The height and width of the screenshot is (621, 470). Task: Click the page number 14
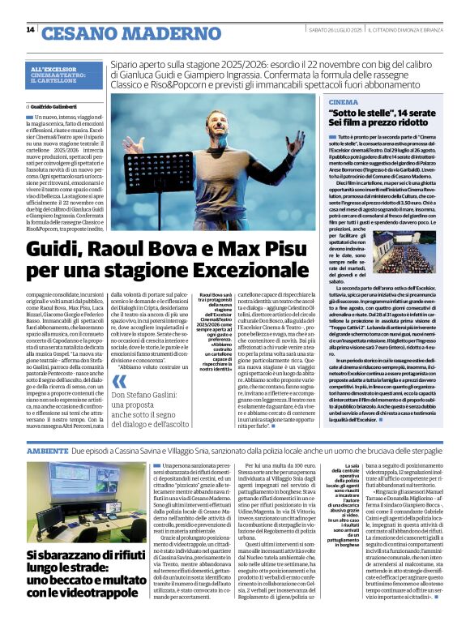pyautogui.click(x=30, y=30)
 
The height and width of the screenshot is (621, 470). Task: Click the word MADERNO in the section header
pyautogui.click(x=139, y=32)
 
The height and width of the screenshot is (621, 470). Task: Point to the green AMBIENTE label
pyautogui.click(x=47, y=449)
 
